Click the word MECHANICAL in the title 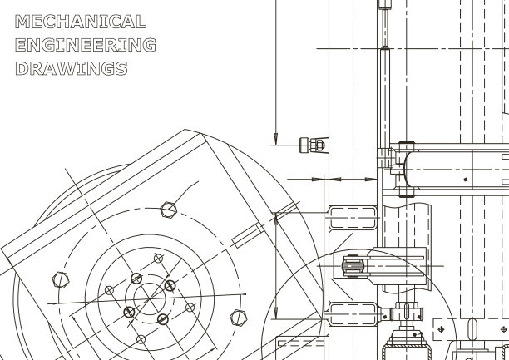[x=81, y=22]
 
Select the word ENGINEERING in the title [x=86, y=45]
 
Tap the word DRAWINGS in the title [x=72, y=68]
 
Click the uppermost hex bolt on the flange [x=169, y=210]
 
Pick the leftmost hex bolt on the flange [x=61, y=280]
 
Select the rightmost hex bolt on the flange [x=239, y=317]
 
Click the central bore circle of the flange [x=150, y=298]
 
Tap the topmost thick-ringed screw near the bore [x=136, y=279]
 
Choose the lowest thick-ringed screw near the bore [x=163, y=319]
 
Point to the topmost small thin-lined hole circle [x=158, y=259]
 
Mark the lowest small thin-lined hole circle [x=141, y=339]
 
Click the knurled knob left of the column [x=312, y=145]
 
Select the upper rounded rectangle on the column [x=353, y=218]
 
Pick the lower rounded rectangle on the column [x=353, y=314]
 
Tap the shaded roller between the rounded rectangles [x=353, y=266]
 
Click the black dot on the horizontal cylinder [x=466, y=180]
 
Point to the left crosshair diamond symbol [x=441, y=329]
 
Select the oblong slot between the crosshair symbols [x=472, y=329]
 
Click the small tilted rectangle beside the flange [x=248, y=235]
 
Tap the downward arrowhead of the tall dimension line [x=276, y=139]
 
